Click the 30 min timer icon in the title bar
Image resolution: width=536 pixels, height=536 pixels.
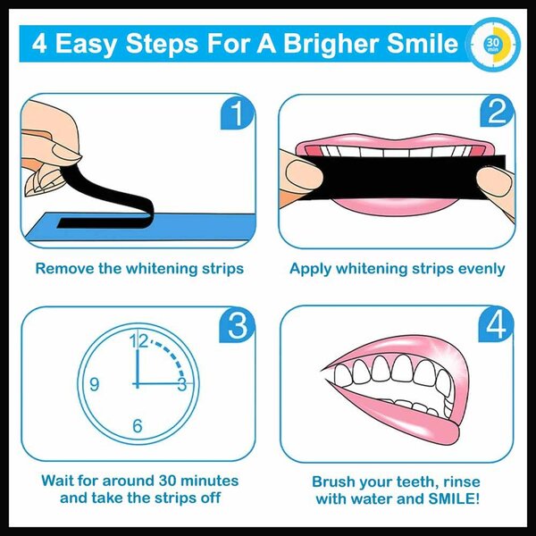(492, 43)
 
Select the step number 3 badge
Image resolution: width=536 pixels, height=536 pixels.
(236, 327)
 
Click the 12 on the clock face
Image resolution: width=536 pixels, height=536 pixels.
(138, 340)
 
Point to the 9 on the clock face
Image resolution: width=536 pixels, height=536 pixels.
(94, 385)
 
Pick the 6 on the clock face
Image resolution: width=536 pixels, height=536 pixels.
(138, 426)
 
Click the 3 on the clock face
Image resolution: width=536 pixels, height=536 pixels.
(181, 385)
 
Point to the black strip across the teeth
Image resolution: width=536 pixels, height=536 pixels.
(402, 170)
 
